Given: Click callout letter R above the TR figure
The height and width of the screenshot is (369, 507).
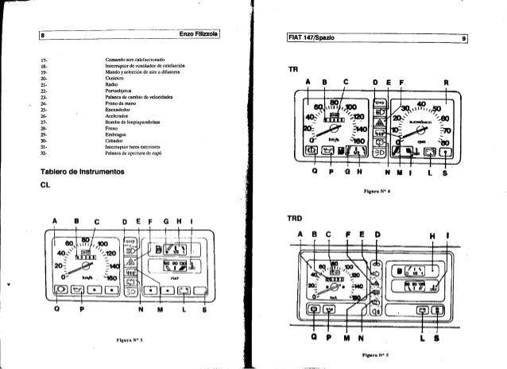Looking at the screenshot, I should [447, 80].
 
